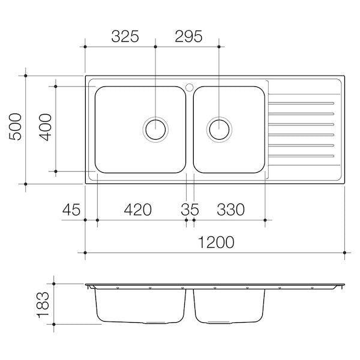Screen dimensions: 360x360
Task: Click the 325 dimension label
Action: (125, 36)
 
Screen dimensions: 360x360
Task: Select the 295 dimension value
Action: (188, 36)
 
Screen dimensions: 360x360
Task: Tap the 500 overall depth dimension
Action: (16, 127)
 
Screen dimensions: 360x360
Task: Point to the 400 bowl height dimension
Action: (46, 127)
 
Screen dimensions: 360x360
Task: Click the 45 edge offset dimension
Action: (71, 209)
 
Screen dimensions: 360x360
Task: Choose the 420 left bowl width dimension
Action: (138, 209)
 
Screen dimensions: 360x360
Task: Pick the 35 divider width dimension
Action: (190, 209)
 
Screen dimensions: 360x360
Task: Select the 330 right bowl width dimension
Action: (231, 209)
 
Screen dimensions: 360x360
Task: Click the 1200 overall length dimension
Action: (216, 242)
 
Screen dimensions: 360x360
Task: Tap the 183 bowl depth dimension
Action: (43, 305)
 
